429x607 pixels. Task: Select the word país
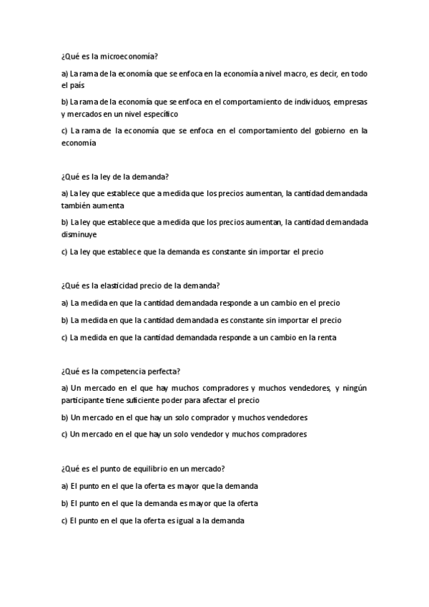(77, 85)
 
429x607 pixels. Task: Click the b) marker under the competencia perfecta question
(65, 417)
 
